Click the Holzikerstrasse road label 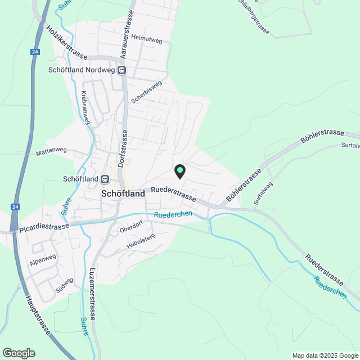(x=67, y=43)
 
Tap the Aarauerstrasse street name (x=128, y=35)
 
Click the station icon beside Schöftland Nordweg (x=122, y=71)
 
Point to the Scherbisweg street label (x=146, y=92)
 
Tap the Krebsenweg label (x=85, y=105)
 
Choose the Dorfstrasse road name (x=124, y=147)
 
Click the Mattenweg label (x=51, y=151)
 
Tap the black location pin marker (x=179, y=171)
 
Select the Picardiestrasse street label (x=44, y=228)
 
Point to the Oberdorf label (x=131, y=229)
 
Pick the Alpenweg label (x=43, y=258)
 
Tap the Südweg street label (x=65, y=286)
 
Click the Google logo (x=19, y=353)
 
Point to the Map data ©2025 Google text (x=325, y=355)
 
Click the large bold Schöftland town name (x=123, y=193)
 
